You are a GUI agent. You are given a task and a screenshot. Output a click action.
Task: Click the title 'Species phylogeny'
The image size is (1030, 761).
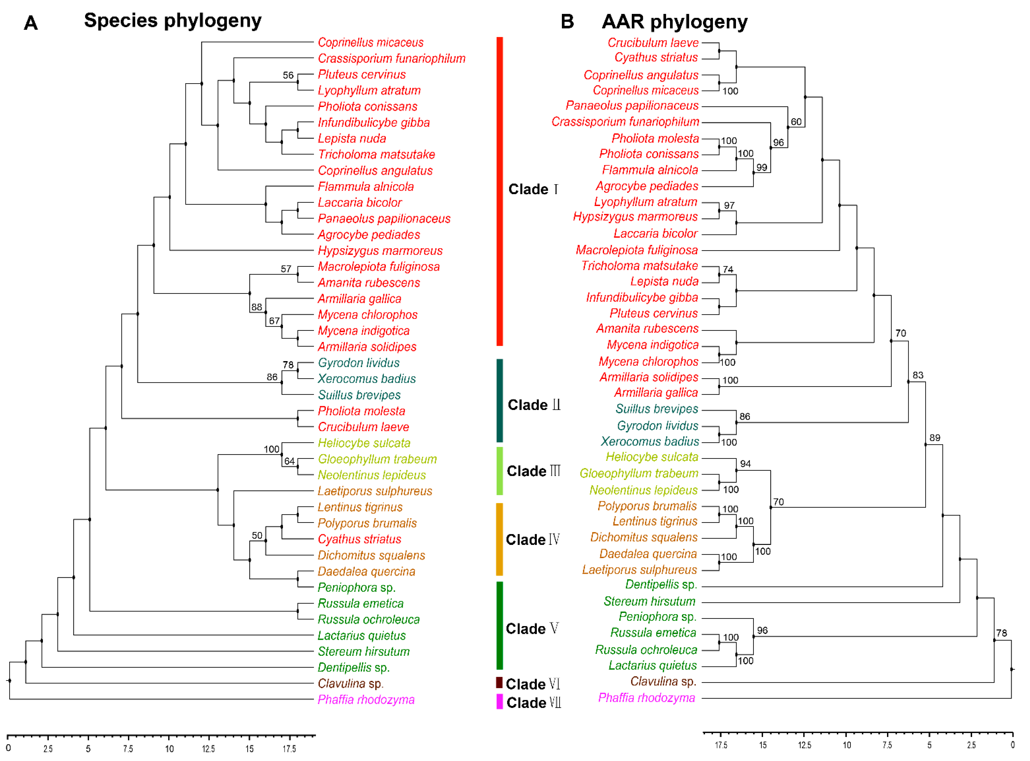point(173,21)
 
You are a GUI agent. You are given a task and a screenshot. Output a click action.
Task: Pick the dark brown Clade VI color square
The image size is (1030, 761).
point(499,682)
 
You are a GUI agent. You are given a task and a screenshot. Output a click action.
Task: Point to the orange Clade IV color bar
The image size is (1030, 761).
point(499,539)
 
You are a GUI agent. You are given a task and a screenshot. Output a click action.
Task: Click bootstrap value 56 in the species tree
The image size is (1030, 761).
point(288,75)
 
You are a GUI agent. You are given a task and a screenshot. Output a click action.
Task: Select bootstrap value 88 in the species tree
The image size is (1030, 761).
point(257,307)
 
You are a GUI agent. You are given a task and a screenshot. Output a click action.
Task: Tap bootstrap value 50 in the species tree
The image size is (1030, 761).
point(257,535)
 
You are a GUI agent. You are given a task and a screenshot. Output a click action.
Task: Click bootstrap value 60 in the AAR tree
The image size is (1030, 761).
point(796,121)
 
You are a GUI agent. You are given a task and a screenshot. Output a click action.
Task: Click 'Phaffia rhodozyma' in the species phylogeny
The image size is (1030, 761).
point(366,700)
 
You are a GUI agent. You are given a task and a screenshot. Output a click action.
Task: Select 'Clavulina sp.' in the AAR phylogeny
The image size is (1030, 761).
point(663,681)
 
